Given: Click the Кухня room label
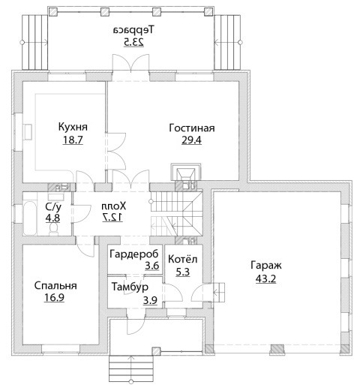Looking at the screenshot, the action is tap(73, 127).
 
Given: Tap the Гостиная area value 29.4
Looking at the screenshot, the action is tap(191, 140).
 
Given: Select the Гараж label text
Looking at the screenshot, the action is tap(266, 265).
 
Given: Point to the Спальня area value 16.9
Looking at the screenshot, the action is tap(54, 298).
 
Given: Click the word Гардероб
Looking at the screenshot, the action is tap(134, 254).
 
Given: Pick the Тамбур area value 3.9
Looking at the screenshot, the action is tap(150, 300).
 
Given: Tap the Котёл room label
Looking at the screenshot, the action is tap(183, 259).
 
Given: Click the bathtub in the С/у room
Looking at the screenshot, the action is tap(30, 218).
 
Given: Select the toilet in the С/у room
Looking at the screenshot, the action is tap(53, 229).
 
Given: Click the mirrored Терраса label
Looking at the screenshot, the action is tap(133, 30).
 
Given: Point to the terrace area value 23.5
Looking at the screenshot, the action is tap(133, 42).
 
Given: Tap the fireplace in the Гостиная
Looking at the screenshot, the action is tap(186, 173).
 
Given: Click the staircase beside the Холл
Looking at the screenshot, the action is tap(176, 213).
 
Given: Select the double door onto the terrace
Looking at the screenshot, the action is tap(130, 68).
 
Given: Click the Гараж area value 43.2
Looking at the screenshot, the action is tap(266, 278).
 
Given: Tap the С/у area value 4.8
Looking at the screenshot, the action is tap(52, 218).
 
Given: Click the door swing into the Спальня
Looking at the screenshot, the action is tap(85, 246).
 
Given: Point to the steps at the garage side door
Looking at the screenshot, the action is tap(219, 292).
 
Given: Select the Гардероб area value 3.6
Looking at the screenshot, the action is tap(152, 266).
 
